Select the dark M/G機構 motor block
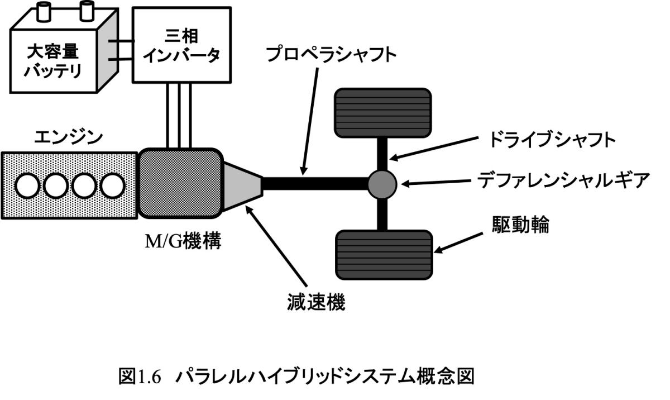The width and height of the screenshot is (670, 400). coord(180,183)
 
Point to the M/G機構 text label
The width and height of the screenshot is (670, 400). coord(178,242)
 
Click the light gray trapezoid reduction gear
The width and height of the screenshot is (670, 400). coord(242,183)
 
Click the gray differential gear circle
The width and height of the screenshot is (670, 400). coord(382,183)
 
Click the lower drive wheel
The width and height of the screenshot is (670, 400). coord(384,254)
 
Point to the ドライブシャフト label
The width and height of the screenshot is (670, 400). coord(552,140)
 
